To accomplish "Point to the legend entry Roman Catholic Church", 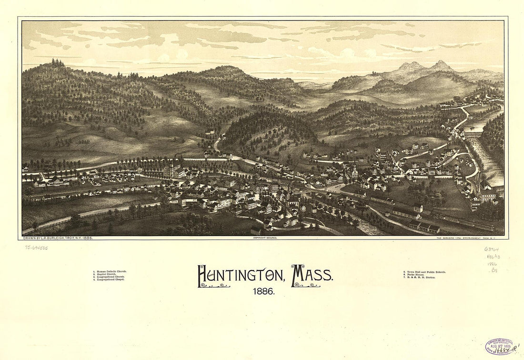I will [111, 271].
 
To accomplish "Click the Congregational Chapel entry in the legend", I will [111, 280].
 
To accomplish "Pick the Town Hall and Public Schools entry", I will [425, 271].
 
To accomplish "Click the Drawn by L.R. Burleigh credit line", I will [58, 237].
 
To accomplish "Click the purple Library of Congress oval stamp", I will [500, 346].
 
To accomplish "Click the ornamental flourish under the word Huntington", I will [214, 285].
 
